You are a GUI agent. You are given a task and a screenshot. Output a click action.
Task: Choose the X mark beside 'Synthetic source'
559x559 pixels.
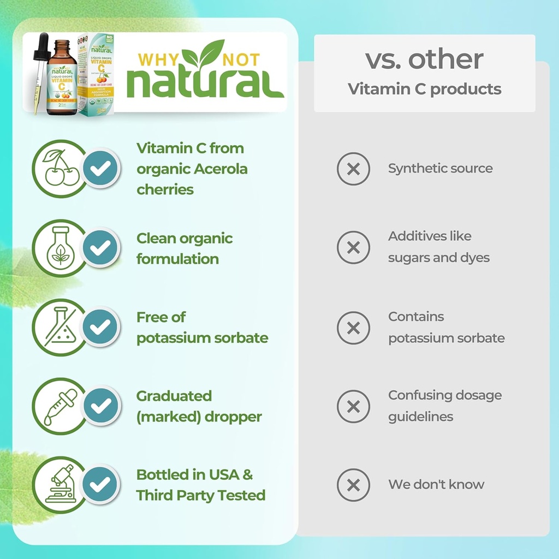[353, 169]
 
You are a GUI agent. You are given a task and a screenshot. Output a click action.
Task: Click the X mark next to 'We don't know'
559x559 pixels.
[353, 485]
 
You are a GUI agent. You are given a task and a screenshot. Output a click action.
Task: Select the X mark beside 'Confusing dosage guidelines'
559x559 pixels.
[353, 406]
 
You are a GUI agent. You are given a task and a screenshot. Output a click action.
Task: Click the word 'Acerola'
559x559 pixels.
[220, 169]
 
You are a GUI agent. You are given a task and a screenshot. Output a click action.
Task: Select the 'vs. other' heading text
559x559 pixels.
[424, 60]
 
